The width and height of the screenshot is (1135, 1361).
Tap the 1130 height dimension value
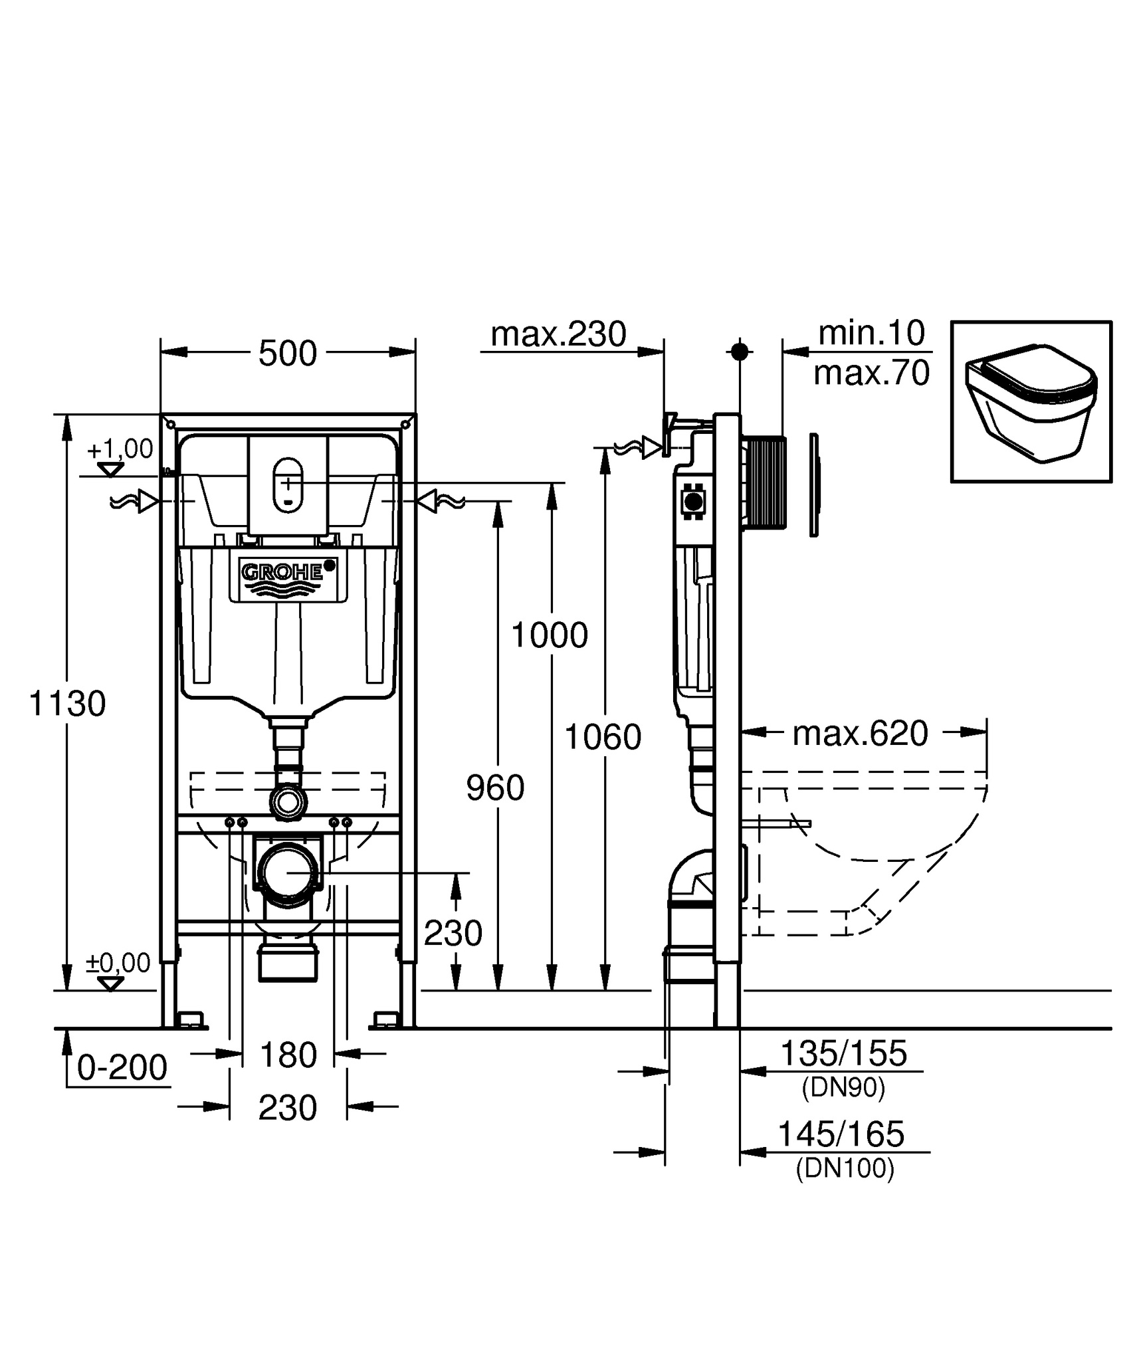coord(67,703)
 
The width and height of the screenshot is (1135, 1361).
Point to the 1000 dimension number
coord(550,635)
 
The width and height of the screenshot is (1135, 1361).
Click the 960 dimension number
coord(495,788)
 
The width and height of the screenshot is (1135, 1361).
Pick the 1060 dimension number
coord(603,737)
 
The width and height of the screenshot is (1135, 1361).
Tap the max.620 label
coord(861,734)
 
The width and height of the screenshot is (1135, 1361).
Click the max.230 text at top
coord(558,334)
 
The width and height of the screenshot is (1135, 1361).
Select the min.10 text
coord(872,333)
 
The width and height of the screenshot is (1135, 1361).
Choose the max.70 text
coord(872,373)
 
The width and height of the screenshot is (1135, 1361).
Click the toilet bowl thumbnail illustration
coord(1031,402)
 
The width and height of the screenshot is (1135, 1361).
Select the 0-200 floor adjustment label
coord(122,1068)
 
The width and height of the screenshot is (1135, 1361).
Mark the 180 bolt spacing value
coord(288,1055)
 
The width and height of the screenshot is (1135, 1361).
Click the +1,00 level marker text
coord(120,449)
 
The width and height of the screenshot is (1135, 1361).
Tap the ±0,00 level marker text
coord(118,962)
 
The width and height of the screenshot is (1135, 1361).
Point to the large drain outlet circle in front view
coord(288,873)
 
